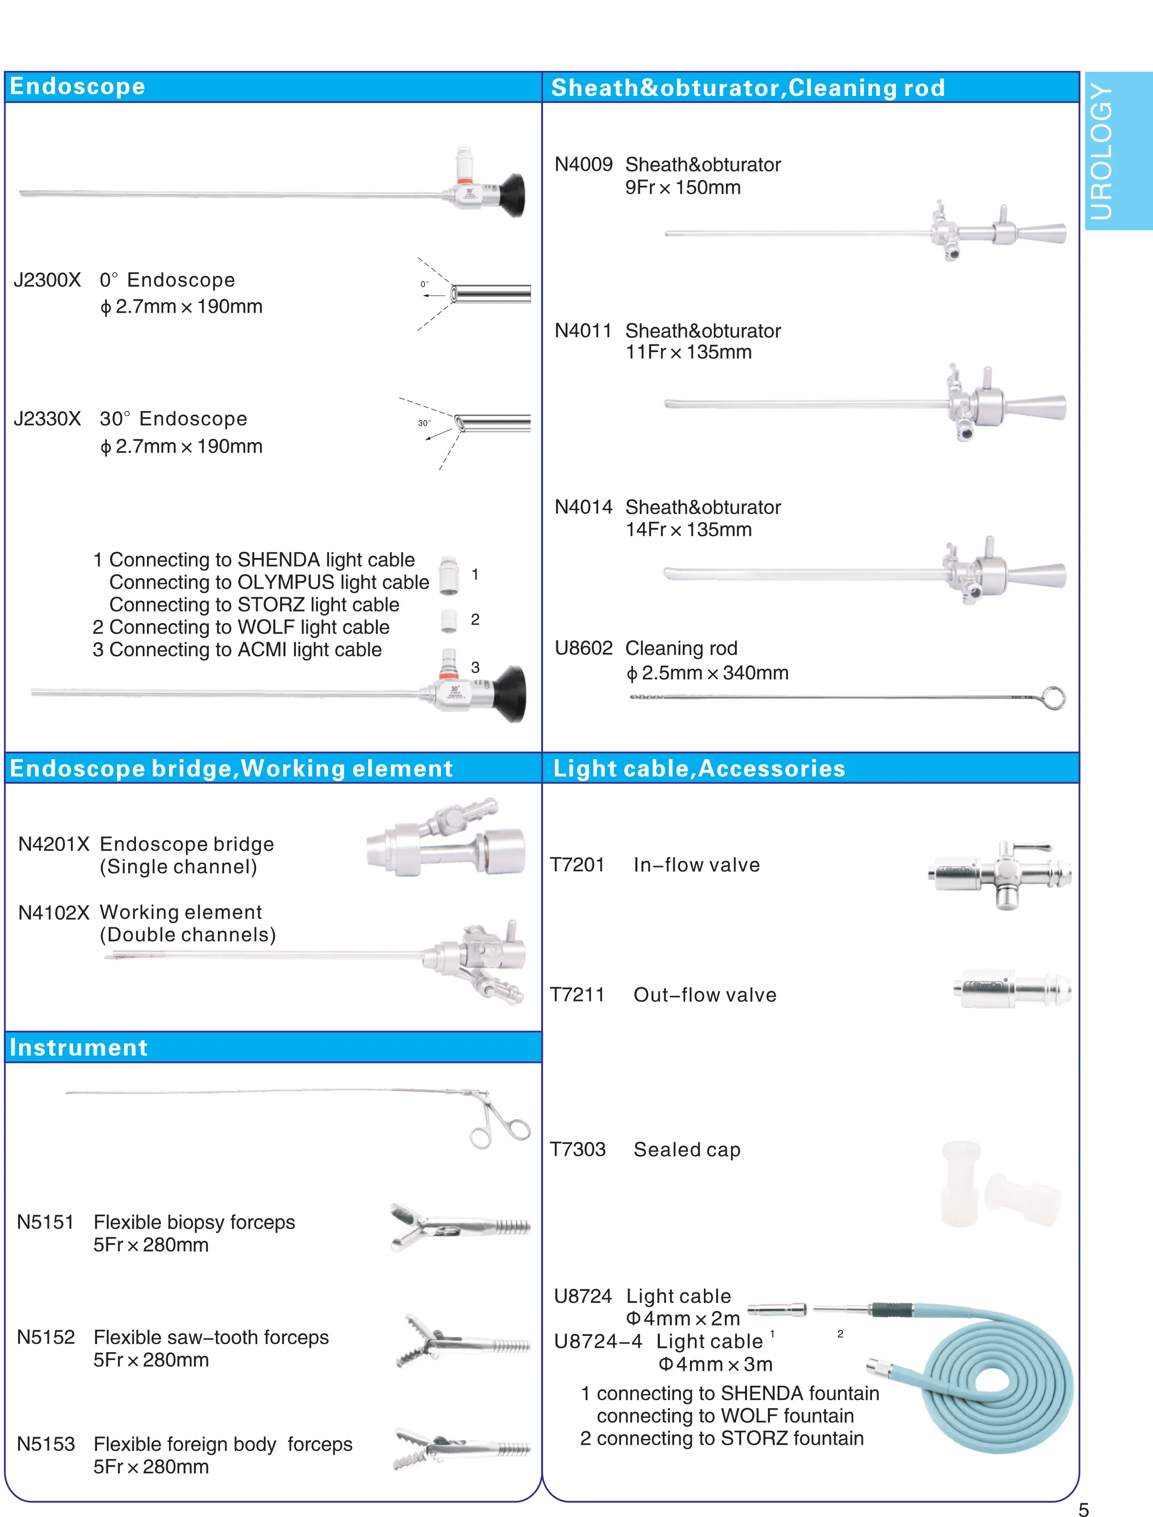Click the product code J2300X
click(x=46, y=280)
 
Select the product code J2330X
click(x=46, y=419)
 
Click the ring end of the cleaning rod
click(x=1053, y=699)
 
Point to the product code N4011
click(x=583, y=331)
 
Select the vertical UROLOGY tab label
click(x=1101, y=151)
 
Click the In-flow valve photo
click(x=999, y=874)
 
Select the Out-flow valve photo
click(x=1012, y=989)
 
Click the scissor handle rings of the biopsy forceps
click(x=501, y=1129)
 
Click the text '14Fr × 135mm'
click(x=689, y=530)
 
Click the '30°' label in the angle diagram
click(x=424, y=423)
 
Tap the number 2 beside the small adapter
click(x=475, y=619)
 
